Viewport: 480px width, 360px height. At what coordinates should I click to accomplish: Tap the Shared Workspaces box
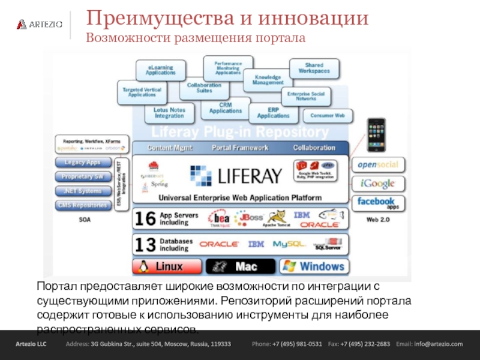coord(314,68)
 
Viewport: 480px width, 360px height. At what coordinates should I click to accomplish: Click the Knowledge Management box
coord(268,79)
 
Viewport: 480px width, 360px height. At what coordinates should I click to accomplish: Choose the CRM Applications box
coord(225,108)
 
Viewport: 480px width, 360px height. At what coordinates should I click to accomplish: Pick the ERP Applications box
coord(273,112)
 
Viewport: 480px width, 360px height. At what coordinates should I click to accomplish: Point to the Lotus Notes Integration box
coord(169,112)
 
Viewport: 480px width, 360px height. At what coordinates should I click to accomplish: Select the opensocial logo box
coord(378,164)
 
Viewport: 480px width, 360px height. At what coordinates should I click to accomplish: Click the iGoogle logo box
coord(378,184)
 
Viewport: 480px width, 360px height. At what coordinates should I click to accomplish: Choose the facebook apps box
coord(378,203)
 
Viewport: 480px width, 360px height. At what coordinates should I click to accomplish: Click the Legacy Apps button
coord(83,163)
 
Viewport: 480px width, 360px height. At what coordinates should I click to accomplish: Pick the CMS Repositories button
coord(83,206)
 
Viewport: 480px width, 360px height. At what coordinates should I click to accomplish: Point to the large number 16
coord(145,218)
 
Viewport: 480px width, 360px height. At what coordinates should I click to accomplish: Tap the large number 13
coord(145,244)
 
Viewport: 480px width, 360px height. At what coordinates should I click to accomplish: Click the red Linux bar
coord(167,266)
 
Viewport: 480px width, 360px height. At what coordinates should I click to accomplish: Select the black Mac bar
coord(240,266)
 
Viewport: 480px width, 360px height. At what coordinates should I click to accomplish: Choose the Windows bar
coord(313,266)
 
